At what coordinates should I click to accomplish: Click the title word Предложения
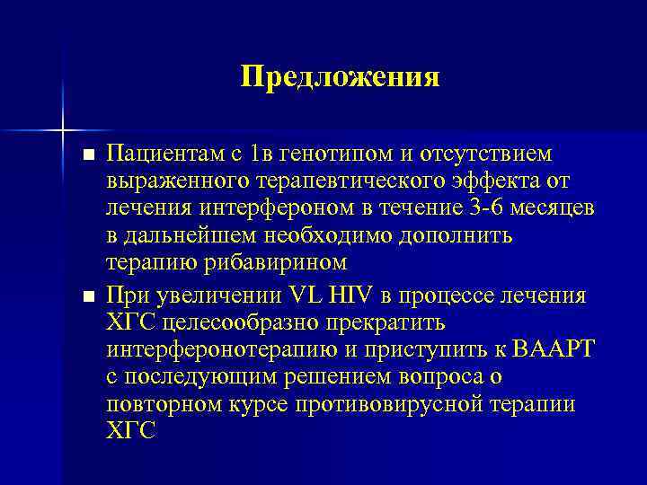tap(340, 77)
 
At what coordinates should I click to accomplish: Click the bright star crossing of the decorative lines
tap(64, 131)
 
